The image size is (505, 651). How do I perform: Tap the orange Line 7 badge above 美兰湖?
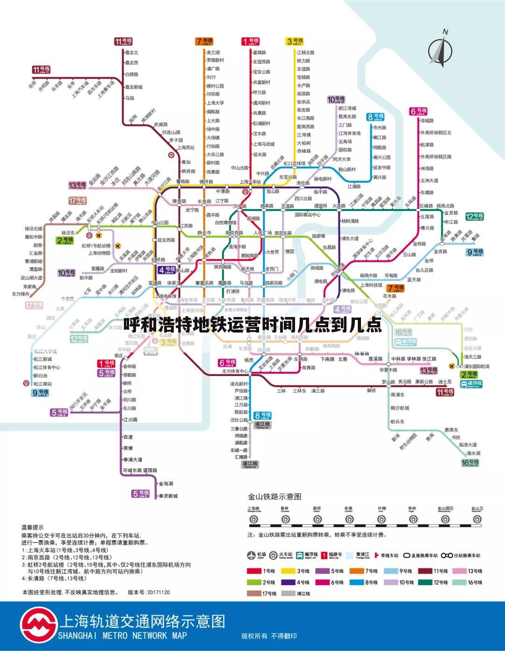(x=204, y=42)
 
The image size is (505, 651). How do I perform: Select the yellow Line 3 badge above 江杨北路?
(x=295, y=42)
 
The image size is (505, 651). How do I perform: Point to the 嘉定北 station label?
(x=131, y=53)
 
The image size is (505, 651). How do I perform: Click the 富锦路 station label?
(x=259, y=53)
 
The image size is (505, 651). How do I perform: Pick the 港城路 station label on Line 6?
(x=427, y=121)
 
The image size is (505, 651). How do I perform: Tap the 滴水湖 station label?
(x=473, y=453)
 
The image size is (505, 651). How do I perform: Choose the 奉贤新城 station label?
(x=168, y=496)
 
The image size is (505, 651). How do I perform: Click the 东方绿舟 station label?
(x=21, y=294)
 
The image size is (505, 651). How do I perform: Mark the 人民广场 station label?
(x=262, y=233)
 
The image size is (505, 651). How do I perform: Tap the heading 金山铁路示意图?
(x=274, y=496)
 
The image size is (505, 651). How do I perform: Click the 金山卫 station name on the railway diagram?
(x=476, y=508)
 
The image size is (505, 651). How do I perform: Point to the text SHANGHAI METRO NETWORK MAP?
(x=123, y=636)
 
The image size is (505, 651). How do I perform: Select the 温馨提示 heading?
(x=32, y=527)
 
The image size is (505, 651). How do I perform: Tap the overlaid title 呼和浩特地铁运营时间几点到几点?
(x=252, y=324)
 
